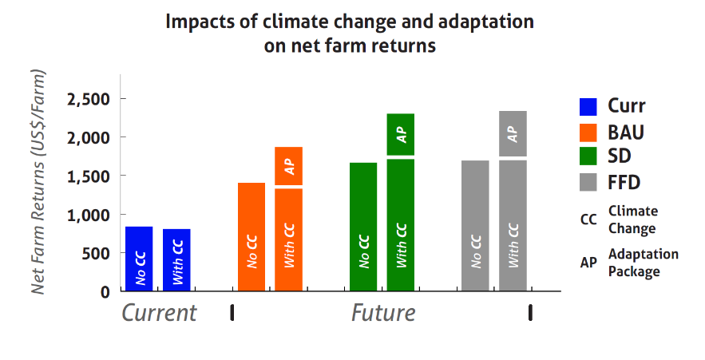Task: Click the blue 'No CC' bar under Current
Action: (x=139, y=259)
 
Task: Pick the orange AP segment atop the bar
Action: (x=288, y=166)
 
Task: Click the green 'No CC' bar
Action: (x=363, y=227)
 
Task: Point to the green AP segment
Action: (x=401, y=134)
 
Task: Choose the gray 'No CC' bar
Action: (x=475, y=225)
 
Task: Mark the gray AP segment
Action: (x=513, y=133)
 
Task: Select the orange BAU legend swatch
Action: (x=588, y=133)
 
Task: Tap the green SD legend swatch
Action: (x=588, y=157)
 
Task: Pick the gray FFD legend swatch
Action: (x=588, y=183)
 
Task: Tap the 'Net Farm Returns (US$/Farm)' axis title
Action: (x=38, y=182)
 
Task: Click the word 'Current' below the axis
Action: (x=159, y=312)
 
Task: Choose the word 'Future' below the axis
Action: (x=383, y=312)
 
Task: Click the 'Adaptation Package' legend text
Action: (x=643, y=263)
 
